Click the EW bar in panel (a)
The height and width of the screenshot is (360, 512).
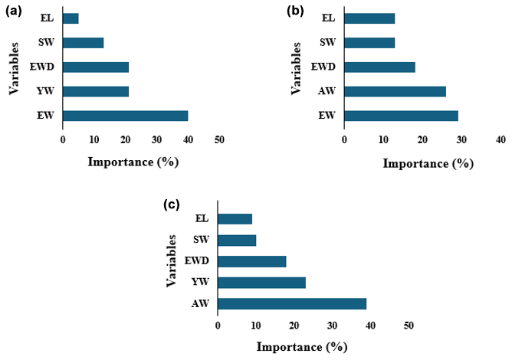point(125,116)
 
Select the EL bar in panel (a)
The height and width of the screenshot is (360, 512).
point(71,18)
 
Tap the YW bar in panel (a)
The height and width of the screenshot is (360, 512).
point(96,91)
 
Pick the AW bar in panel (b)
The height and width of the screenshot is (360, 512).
point(395,92)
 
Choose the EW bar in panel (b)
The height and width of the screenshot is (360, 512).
point(401,116)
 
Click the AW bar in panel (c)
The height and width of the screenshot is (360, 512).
point(292,303)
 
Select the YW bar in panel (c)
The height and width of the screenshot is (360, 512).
point(261,282)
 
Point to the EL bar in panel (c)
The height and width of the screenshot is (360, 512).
point(235,218)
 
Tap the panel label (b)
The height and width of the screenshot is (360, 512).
point(295,11)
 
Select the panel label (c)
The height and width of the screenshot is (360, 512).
point(172,205)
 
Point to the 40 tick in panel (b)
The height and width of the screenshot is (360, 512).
point(500,140)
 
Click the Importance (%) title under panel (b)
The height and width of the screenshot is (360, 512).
point(428,163)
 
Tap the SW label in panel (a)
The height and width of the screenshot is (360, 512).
point(48,42)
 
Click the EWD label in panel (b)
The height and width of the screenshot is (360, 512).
point(327,67)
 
